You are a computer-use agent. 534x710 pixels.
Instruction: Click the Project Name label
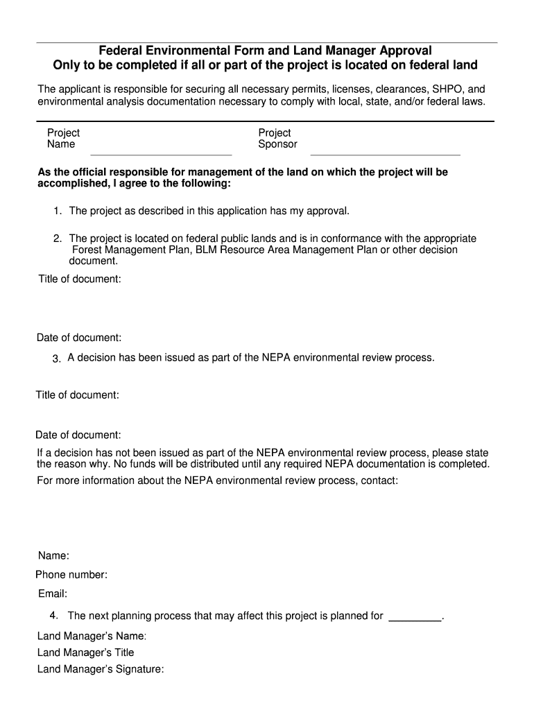click(63, 139)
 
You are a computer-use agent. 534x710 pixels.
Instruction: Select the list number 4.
click(53, 616)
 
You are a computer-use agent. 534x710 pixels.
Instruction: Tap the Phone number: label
click(71, 575)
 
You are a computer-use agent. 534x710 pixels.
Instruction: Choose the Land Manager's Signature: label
click(101, 670)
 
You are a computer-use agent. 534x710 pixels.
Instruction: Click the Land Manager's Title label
click(85, 652)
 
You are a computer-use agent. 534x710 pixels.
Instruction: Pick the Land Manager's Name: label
click(92, 635)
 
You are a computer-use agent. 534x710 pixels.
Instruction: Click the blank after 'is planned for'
click(415, 616)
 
